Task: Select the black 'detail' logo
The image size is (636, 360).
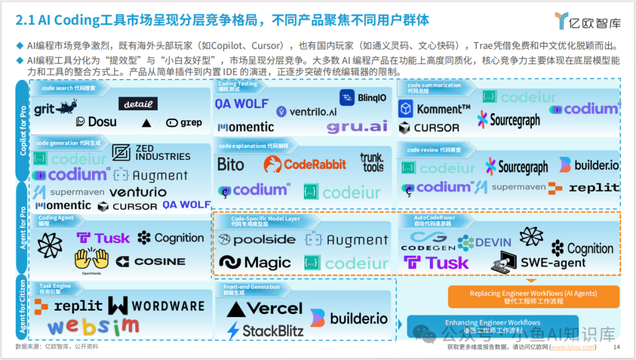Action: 138,104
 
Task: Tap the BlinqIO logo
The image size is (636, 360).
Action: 363,98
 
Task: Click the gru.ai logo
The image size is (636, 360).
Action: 357,127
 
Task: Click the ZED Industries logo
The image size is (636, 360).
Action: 151,153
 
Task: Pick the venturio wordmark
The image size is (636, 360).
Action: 138,192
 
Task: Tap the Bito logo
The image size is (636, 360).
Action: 230,164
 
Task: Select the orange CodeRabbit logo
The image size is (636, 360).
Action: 304,164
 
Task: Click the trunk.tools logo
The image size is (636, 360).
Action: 372,162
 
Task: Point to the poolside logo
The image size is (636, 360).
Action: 256,240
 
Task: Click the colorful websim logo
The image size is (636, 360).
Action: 94,326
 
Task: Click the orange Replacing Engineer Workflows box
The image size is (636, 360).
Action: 534,296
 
